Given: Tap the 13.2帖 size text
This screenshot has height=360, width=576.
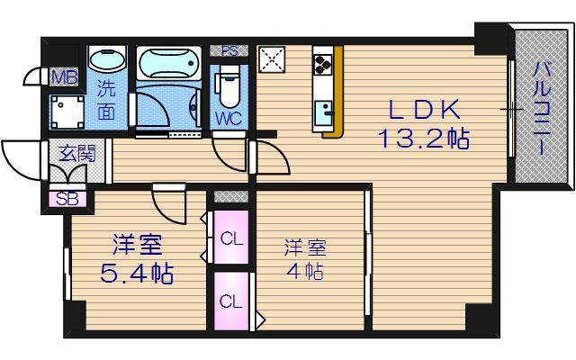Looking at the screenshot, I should (424, 139).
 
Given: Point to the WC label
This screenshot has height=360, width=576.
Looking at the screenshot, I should (227, 117).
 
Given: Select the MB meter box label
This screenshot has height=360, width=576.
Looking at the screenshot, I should (63, 76).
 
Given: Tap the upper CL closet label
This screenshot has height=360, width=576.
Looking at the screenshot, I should (231, 239).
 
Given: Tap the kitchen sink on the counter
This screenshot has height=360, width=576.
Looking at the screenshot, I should (324, 113).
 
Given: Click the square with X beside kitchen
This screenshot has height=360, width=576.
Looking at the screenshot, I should (271, 59).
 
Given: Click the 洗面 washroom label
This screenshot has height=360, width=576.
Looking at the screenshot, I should (107, 101).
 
